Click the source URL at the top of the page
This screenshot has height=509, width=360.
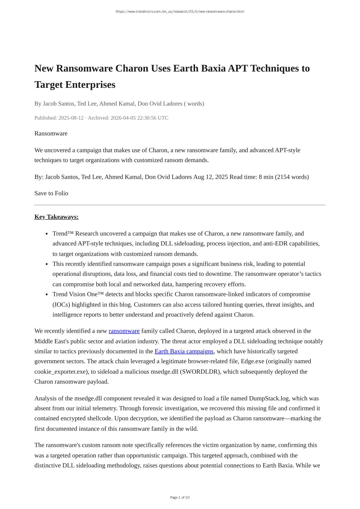pos(180,12)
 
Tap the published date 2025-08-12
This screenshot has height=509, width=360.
pos(71,118)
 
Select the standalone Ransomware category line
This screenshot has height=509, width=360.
pos(51,134)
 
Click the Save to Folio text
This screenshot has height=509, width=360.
pos(51,193)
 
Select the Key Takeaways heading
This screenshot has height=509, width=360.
pos(57,217)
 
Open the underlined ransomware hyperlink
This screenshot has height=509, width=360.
pos(124,331)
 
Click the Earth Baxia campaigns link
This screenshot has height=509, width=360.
pos(184,351)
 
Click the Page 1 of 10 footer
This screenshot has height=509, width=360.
pos(180,498)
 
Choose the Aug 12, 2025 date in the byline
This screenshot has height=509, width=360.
pos(211,177)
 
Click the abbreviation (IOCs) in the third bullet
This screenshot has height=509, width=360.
pos(61,305)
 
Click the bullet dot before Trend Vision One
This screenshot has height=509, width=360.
pos(47,295)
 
